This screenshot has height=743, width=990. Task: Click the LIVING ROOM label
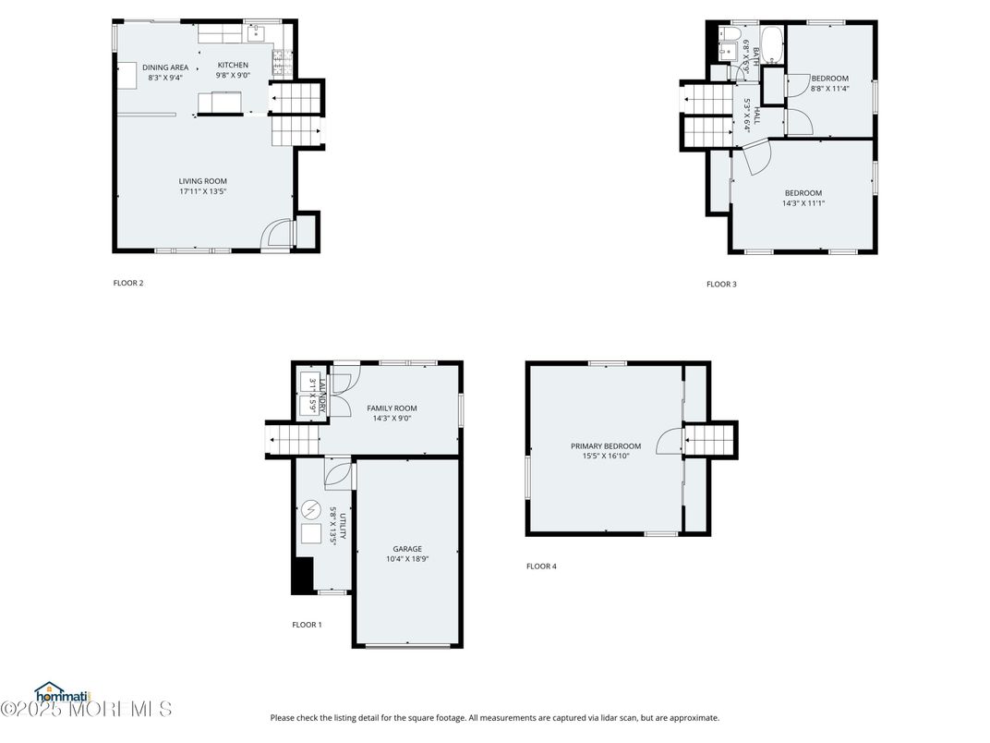click(202, 181)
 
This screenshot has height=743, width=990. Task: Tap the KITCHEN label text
click(233, 65)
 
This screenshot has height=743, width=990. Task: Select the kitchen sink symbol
click(256, 34)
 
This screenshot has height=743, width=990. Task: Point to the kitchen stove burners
click(278, 63)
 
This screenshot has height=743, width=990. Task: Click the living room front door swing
click(274, 234)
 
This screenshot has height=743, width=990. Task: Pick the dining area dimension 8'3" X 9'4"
click(165, 78)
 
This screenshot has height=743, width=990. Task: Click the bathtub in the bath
click(770, 43)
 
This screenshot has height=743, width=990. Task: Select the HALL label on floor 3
click(756, 116)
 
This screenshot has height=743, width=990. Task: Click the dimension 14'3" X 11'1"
click(803, 203)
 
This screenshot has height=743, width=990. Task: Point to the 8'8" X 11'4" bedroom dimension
click(828, 90)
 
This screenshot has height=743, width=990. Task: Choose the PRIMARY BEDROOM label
click(605, 446)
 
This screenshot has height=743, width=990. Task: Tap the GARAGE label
click(406, 549)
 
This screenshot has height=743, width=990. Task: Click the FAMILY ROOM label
click(392, 408)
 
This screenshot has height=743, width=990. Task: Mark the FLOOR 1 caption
click(307, 625)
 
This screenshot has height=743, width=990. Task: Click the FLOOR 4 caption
click(541, 566)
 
